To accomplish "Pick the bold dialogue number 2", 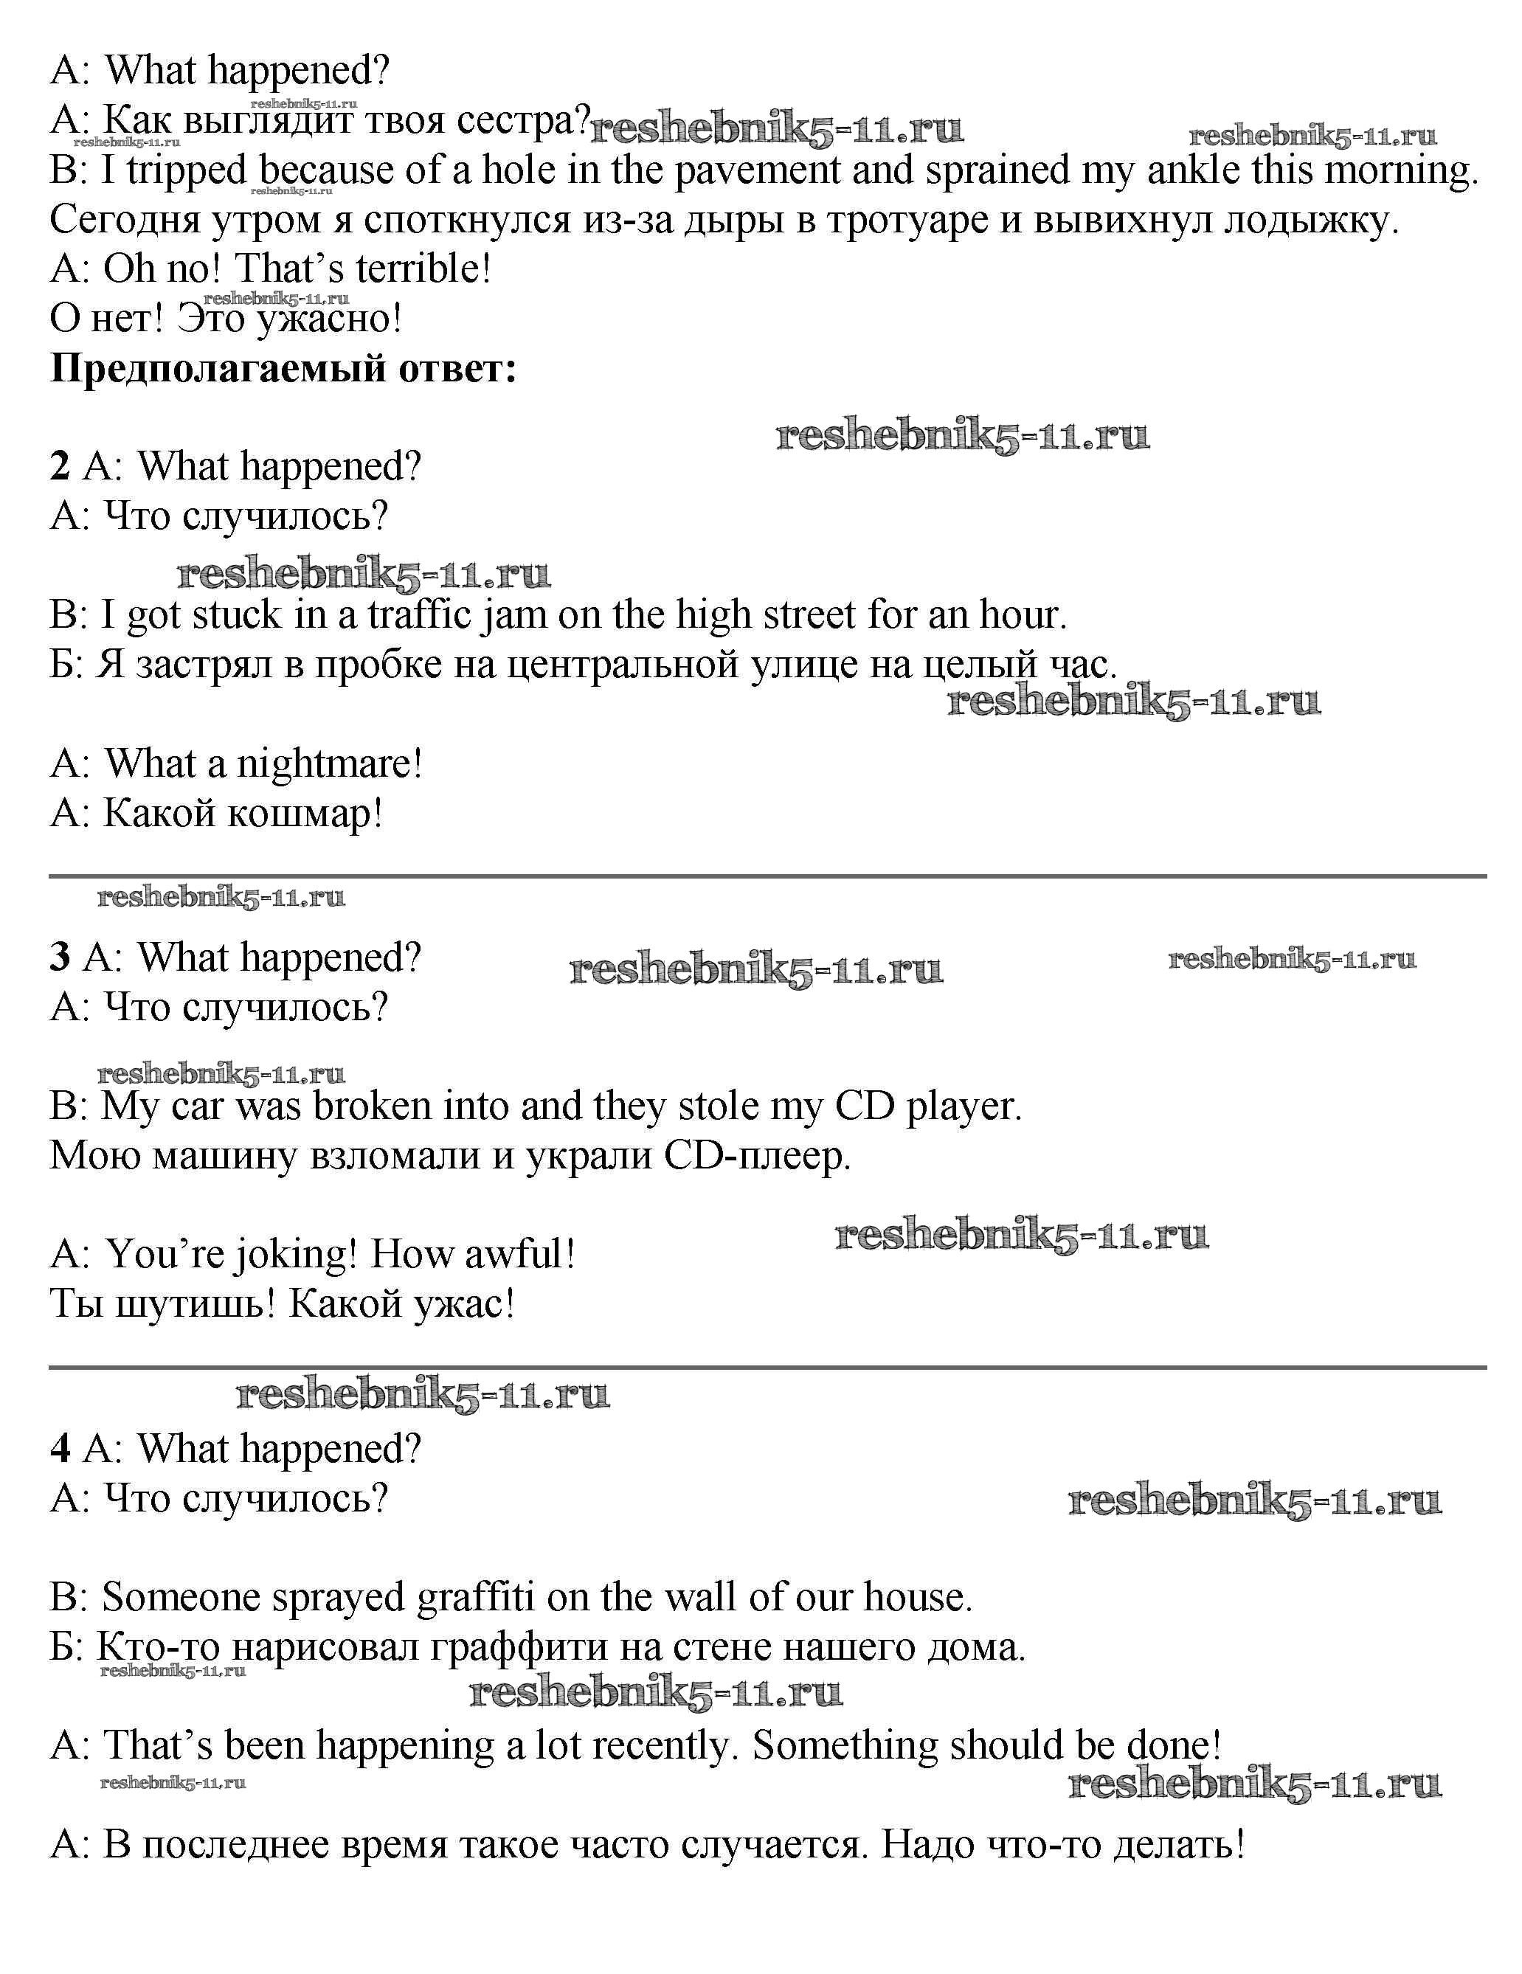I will pos(60,466).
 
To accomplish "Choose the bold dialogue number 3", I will pos(60,957).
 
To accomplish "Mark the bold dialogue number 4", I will pos(60,1448).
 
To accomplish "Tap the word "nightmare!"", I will pos(329,763).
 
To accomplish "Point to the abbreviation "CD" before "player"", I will pos(865,1106).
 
